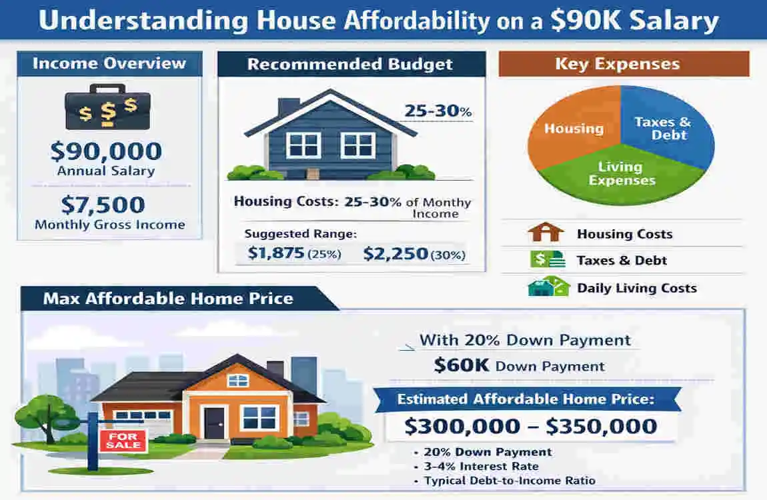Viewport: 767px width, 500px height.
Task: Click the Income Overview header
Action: point(109,64)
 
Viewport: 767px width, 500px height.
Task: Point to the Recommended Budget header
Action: point(350,65)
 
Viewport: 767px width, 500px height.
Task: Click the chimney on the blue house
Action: point(288,107)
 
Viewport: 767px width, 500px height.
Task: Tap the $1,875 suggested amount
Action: point(276,253)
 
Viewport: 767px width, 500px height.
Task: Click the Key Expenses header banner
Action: point(624,65)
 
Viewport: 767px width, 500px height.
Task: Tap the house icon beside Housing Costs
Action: point(545,233)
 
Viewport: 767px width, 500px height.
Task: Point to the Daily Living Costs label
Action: point(636,288)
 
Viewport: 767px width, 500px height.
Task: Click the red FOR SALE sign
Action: point(123,440)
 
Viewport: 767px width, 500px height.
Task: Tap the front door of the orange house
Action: point(214,423)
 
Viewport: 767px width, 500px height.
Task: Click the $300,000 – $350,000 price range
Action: point(530,425)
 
